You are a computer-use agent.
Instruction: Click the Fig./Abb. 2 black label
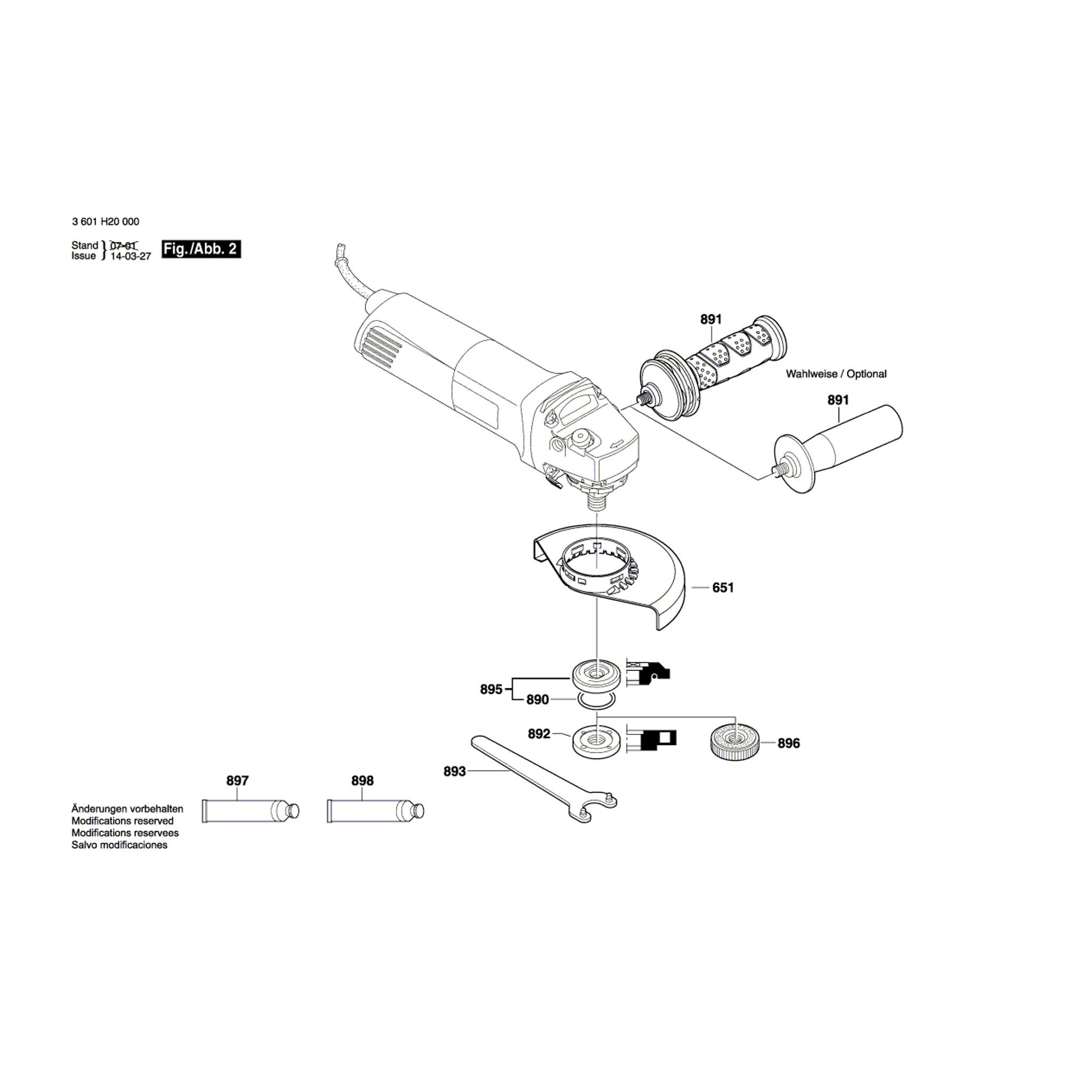201,249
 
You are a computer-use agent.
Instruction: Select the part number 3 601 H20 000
105,222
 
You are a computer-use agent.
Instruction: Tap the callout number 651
723,588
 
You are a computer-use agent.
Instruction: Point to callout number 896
788,743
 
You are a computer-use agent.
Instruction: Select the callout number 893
454,771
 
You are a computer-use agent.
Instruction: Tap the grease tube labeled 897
250,811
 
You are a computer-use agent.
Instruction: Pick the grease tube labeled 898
375,811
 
